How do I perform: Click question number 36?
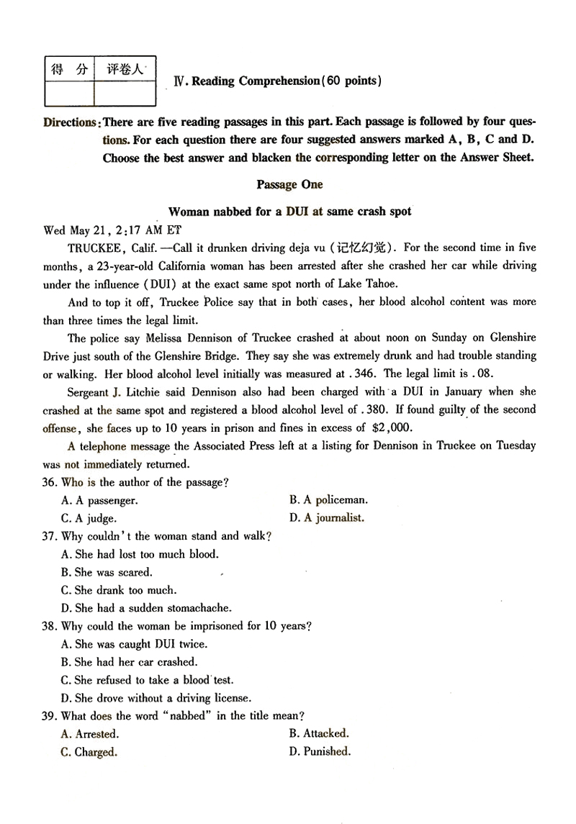[x=50, y=482]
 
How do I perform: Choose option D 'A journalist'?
[x=327, y=517]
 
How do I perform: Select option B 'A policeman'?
[x=328, y=499]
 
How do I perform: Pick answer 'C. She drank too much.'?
[x=119, y=590]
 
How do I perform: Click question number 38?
[x=50, y=626]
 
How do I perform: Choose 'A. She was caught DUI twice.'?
[x=135, y=644]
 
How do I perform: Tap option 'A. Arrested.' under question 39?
[x=90, y=734]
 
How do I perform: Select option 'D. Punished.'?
[x=320, y=752]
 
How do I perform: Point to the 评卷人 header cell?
[x=125, y=69]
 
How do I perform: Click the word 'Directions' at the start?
[x=70, y=122]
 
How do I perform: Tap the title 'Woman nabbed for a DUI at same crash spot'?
[x=289, y=212]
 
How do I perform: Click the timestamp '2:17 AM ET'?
[x=150, y=230]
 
